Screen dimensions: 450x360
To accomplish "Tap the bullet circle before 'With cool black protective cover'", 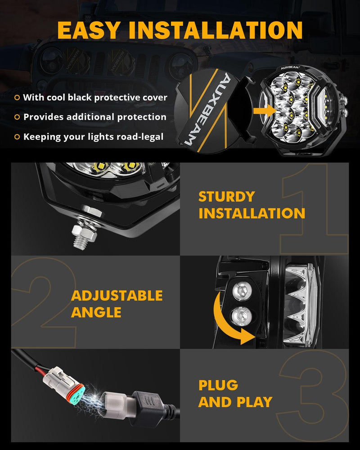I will (17, 97).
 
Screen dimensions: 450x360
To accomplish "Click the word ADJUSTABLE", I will (117, 296).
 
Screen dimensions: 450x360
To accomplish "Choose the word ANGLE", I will (96, 312).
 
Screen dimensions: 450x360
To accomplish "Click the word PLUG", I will (218, 385).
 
